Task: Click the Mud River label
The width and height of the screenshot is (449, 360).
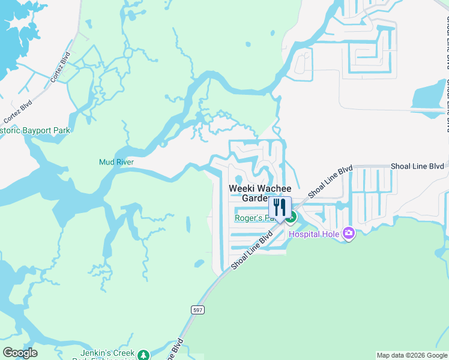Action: coord(116,162)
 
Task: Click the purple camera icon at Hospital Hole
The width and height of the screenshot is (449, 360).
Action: coord(349,234)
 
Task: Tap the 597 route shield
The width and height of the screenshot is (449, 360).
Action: coord(197,310)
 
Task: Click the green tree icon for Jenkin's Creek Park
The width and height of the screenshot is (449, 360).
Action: coord(143,355)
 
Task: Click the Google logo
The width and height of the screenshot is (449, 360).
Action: coord(20,353)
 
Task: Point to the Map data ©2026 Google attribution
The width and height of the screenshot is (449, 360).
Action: coord(412,355)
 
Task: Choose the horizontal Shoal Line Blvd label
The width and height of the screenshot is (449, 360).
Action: coord(417,166)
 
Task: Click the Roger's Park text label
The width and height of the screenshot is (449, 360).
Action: coord(252,218)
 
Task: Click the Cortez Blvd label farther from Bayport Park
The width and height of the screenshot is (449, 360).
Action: coord(61,67)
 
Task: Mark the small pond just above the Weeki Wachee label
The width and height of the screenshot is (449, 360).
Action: coord(240,178)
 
